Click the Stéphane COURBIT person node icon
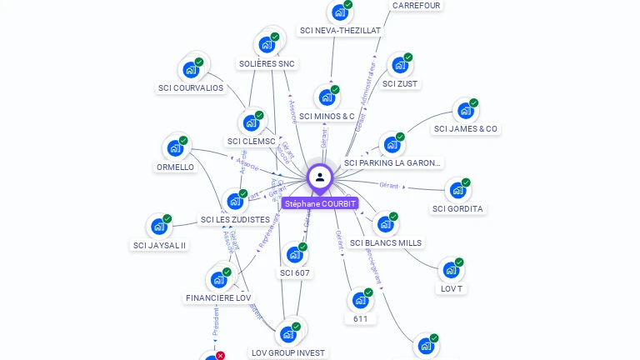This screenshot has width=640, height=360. (320, 177)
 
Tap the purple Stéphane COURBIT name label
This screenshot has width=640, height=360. (320, 203)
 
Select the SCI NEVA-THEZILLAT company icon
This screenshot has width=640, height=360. (338, 12)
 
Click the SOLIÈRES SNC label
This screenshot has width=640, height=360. (267, 63)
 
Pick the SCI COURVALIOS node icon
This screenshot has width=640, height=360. (191, 70)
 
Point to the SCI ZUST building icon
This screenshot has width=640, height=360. (400, 65)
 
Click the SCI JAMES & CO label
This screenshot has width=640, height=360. (466, 128)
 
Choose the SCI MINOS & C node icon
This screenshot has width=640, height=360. (327, 97)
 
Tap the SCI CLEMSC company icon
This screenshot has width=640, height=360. (251, 123)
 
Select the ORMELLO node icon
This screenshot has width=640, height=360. (175, 148)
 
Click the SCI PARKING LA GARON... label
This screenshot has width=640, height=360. (392, 162)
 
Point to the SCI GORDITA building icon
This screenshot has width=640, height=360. (457, 191)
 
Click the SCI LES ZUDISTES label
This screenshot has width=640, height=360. (234, 219)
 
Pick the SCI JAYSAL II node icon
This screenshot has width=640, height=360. (159, 227)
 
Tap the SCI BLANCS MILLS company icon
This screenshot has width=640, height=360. (385, 224)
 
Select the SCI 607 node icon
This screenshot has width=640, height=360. (294, 255)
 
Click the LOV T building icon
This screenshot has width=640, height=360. (451, 270)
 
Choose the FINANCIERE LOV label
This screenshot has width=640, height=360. (218, 297)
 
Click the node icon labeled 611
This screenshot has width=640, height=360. (360, 300)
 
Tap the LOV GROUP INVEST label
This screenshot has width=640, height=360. (288, 352)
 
